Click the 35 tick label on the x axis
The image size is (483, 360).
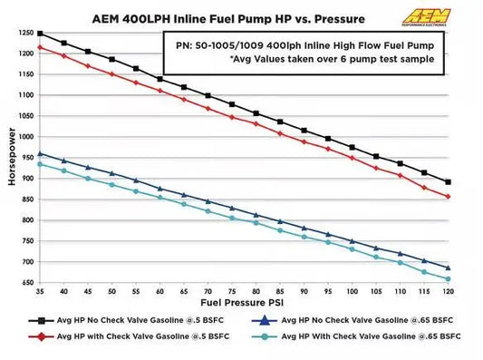point(39,292)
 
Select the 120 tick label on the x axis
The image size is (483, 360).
point(448,292)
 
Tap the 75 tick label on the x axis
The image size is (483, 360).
point(231,292)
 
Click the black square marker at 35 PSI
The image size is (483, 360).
point(40,34)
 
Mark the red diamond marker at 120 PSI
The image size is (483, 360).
point(448,197)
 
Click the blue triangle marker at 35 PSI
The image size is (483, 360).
point(40,153)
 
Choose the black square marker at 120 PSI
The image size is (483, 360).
point(448,181)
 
